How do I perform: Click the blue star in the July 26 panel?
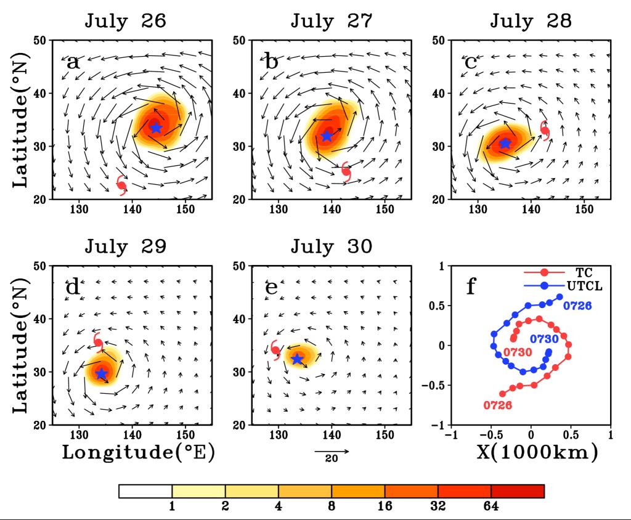coord(156,128)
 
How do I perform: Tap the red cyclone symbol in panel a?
coord(122,185)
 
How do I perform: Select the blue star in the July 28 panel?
coord(505,143)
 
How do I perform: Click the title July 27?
coord(332,21)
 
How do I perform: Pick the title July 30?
coord(332,246)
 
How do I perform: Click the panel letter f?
coord(471,286)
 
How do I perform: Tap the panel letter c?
coord(471,62)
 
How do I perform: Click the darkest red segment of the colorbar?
coord(518,491)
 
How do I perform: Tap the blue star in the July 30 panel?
coord(298,359)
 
